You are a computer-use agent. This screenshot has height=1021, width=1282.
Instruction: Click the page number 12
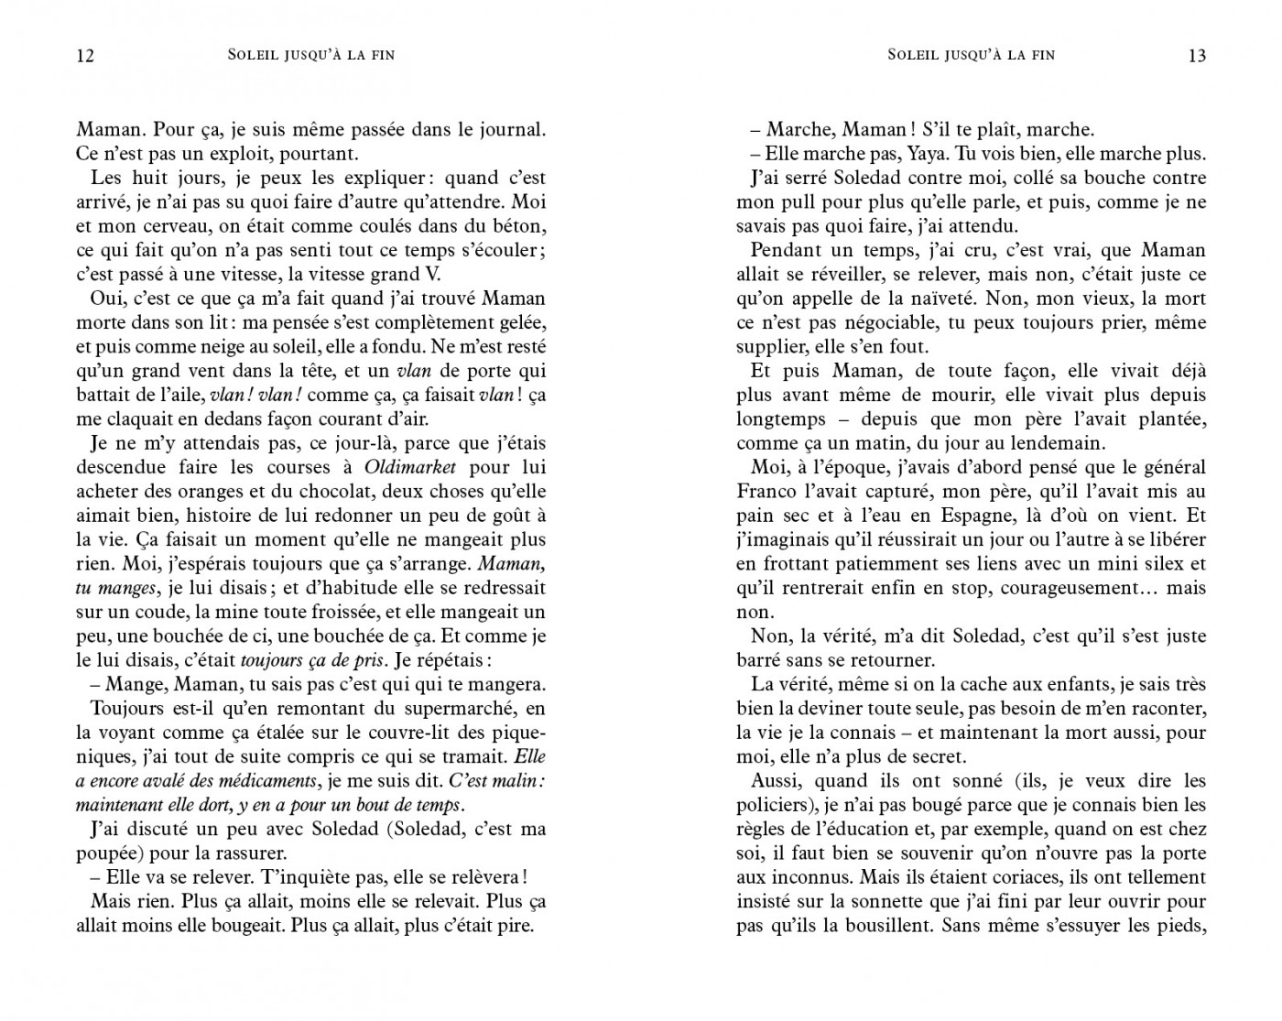pyautogui.click(x=84, y=56)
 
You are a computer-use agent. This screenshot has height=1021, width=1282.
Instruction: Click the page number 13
pyautogui.click(x=1197, y=56)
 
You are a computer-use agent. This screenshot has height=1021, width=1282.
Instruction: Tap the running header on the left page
pyautogui.click(x=311, y=55)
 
